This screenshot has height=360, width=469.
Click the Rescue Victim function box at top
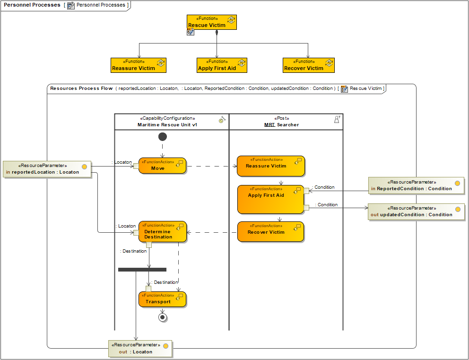click(211, 22)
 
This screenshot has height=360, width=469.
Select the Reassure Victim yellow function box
click(139, 65)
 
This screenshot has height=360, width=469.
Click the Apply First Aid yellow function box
click(222, 65)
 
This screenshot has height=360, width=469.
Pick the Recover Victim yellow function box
click(308, 65)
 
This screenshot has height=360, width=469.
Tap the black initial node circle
click(163, 137)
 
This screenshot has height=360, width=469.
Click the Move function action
click(162, 166)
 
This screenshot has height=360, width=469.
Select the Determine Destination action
click(163, 232)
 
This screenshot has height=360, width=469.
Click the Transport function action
click(162, 299)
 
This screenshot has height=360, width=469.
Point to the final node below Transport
click(163, 317)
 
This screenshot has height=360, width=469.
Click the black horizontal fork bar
click(142, 270)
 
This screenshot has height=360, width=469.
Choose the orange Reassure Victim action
click(271, 166)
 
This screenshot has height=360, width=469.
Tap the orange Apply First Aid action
click(270, 199)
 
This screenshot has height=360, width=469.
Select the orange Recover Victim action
click(270, 232)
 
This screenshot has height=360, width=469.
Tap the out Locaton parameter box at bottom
click(140, 349)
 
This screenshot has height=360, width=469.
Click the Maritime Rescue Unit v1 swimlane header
click(172, 122)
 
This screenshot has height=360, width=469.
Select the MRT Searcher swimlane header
click(286, 122)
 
